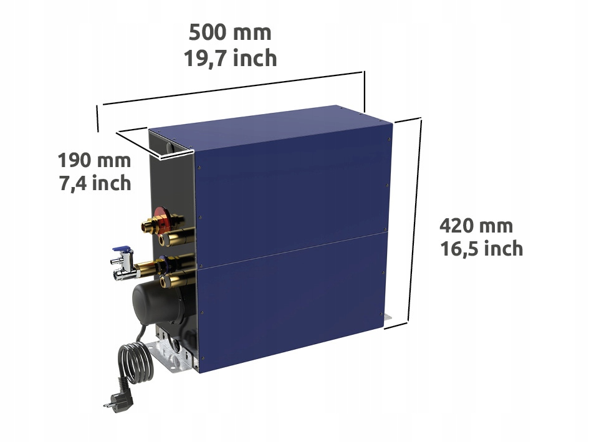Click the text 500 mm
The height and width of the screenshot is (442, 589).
pyautogui.click(x=230, y=32)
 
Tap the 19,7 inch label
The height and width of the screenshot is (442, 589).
pyautogui.click(x=230, y=58)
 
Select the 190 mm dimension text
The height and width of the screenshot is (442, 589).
pyautogui.click(x=94, y=160)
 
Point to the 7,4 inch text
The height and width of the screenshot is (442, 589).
pyautogui.click(x=94, y=183)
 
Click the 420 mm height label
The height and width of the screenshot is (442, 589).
pyautogui.click(x=476, y=225)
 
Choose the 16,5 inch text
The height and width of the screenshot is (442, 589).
pyautogui.click(x=481, y=249)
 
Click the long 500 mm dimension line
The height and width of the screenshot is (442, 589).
pyautogui.click(x=231, y=89)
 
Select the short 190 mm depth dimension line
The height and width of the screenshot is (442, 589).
pyautogui.click(x=141, y=142)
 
